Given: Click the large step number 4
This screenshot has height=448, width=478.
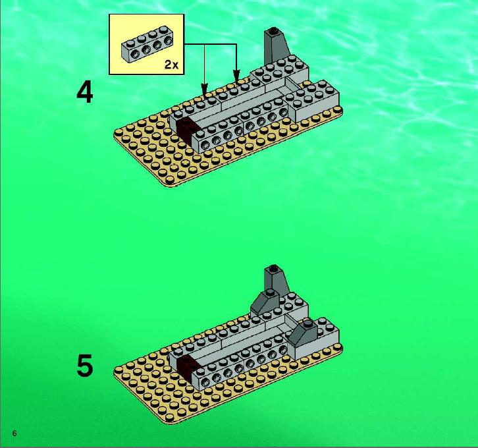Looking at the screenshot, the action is click(x=84, y=93).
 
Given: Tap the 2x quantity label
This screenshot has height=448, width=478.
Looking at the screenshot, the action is click(x=171, y=65).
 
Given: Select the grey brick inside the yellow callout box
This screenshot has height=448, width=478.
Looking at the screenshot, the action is click(x=147, y=44).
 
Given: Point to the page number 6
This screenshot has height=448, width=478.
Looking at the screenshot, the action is click(x=14, y=433).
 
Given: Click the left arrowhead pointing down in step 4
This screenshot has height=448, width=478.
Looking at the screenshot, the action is click(x=204, y=88).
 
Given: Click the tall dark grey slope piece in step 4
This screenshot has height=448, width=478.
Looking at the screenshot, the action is click(x=275, y=45).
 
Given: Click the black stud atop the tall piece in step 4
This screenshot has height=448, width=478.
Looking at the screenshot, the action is click(x=273, y=30).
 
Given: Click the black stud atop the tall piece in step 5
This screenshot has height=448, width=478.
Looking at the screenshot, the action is click(x=273, y=267).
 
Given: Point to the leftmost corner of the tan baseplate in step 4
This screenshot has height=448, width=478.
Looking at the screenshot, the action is click(x=114, y=134).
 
